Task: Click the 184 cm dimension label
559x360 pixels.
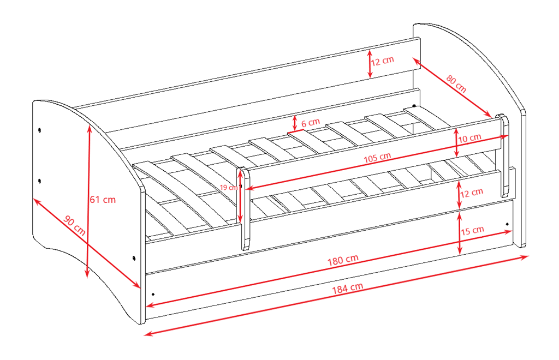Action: tap(348, 287)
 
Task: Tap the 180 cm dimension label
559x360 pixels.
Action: tap(343, 260)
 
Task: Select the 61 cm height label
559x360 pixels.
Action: tap(103, 200)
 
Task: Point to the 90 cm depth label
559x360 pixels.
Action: tap(74, 226)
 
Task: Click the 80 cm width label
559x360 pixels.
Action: tap(456, 84)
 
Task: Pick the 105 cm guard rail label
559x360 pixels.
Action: tap(377, 158)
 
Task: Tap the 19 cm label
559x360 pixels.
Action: tap(228, 187)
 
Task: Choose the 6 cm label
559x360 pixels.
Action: tap(311, 123)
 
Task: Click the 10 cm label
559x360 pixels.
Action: tap(469, 138)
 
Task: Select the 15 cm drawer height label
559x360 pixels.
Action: tap(472, 231)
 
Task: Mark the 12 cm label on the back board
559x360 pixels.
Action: tap(383, 61)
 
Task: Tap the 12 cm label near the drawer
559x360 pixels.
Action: tap(471, 193)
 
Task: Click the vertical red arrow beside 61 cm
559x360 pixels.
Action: tap(88, 201)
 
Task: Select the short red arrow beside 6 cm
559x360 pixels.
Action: tap(294, 123)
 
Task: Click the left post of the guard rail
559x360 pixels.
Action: tap(244, 208)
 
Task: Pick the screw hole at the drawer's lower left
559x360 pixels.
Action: tap(153, 294)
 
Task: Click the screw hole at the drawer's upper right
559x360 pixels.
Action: tap(507, 224)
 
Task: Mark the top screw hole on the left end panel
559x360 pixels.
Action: tap(39, 130)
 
